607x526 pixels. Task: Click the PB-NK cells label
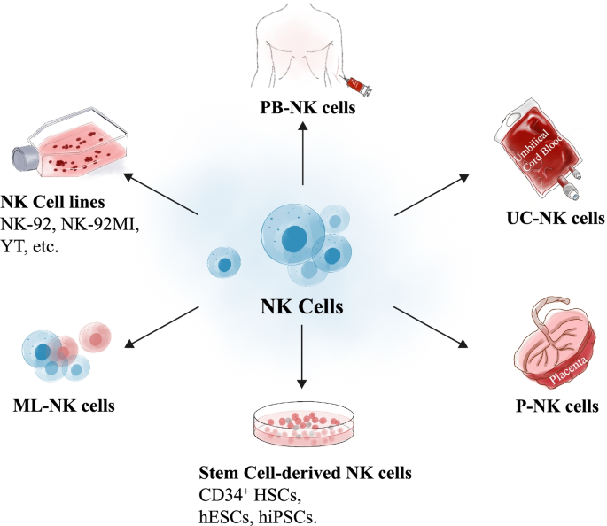[303, 110]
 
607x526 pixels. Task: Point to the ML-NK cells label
[66, 406]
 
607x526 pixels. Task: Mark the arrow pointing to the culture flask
[160, 193]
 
